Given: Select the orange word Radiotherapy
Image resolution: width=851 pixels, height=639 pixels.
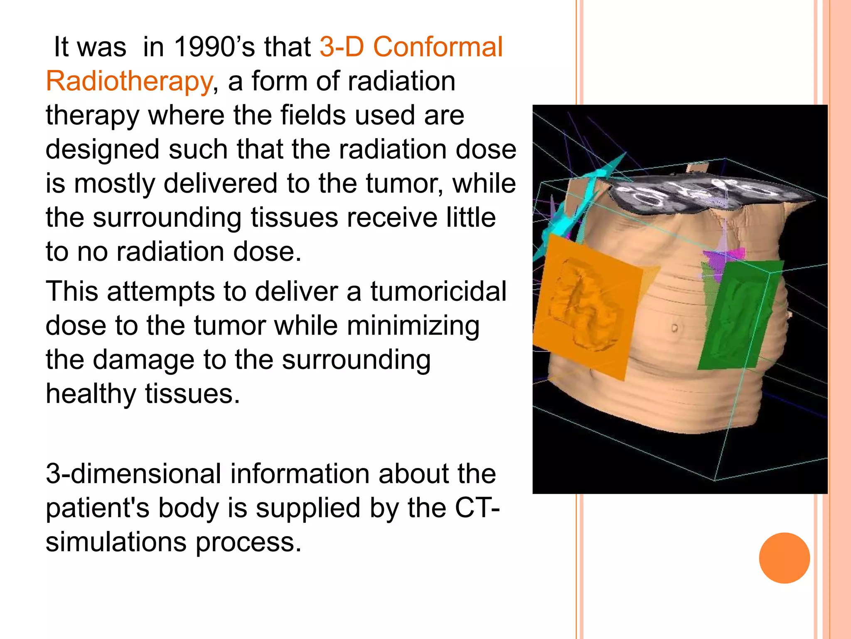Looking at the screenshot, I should [129, 81].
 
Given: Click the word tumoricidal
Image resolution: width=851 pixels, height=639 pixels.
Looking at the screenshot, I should [438, 291].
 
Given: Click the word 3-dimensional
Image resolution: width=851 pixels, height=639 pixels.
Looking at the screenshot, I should [133, 474].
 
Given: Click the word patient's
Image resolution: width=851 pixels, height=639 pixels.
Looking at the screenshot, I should [97, 508].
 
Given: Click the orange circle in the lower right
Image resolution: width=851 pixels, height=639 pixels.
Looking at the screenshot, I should [784, 558].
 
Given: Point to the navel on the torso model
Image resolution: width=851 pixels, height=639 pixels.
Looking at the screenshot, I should [674, 328].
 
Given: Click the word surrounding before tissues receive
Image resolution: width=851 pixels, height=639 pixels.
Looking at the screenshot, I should [167, 218].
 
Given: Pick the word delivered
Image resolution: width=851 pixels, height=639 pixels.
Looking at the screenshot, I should [220, 184].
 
